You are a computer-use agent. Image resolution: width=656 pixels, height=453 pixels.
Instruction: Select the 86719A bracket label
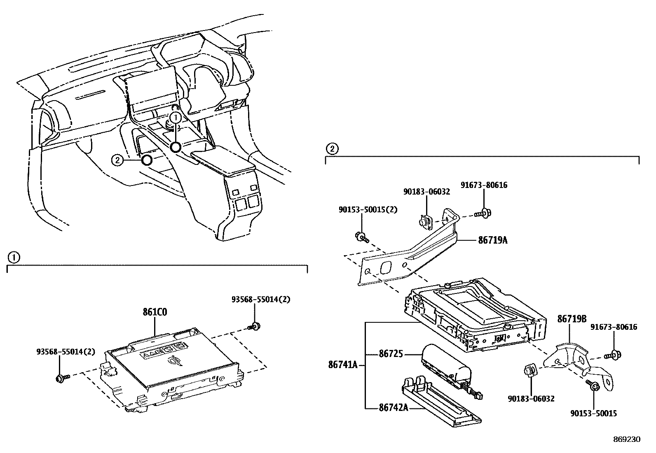tap(492, 239)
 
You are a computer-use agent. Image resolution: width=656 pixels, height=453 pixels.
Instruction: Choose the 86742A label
tap(393, 408)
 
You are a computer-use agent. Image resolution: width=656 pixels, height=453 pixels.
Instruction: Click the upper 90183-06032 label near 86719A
tap(426, 192)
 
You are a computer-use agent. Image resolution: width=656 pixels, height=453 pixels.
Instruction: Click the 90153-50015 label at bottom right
tap(593, 413)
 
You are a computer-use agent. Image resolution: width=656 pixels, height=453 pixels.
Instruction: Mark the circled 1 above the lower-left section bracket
tap(13, 258)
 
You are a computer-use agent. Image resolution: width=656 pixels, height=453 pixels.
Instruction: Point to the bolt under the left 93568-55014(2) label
tap(61, 377)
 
